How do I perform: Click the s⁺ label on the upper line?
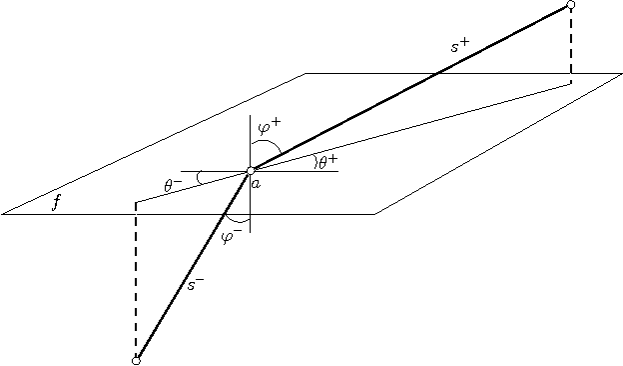460,46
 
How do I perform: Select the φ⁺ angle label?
270,127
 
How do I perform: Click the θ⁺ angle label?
327,161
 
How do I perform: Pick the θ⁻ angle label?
173,184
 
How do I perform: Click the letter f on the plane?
57,203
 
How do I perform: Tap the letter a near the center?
257,184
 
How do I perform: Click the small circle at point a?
251,171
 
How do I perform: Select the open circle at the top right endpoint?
570,5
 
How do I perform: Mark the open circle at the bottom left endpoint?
136,360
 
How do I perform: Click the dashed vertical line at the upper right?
570,45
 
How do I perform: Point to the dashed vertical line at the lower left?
136,280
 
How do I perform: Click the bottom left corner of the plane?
3,214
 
